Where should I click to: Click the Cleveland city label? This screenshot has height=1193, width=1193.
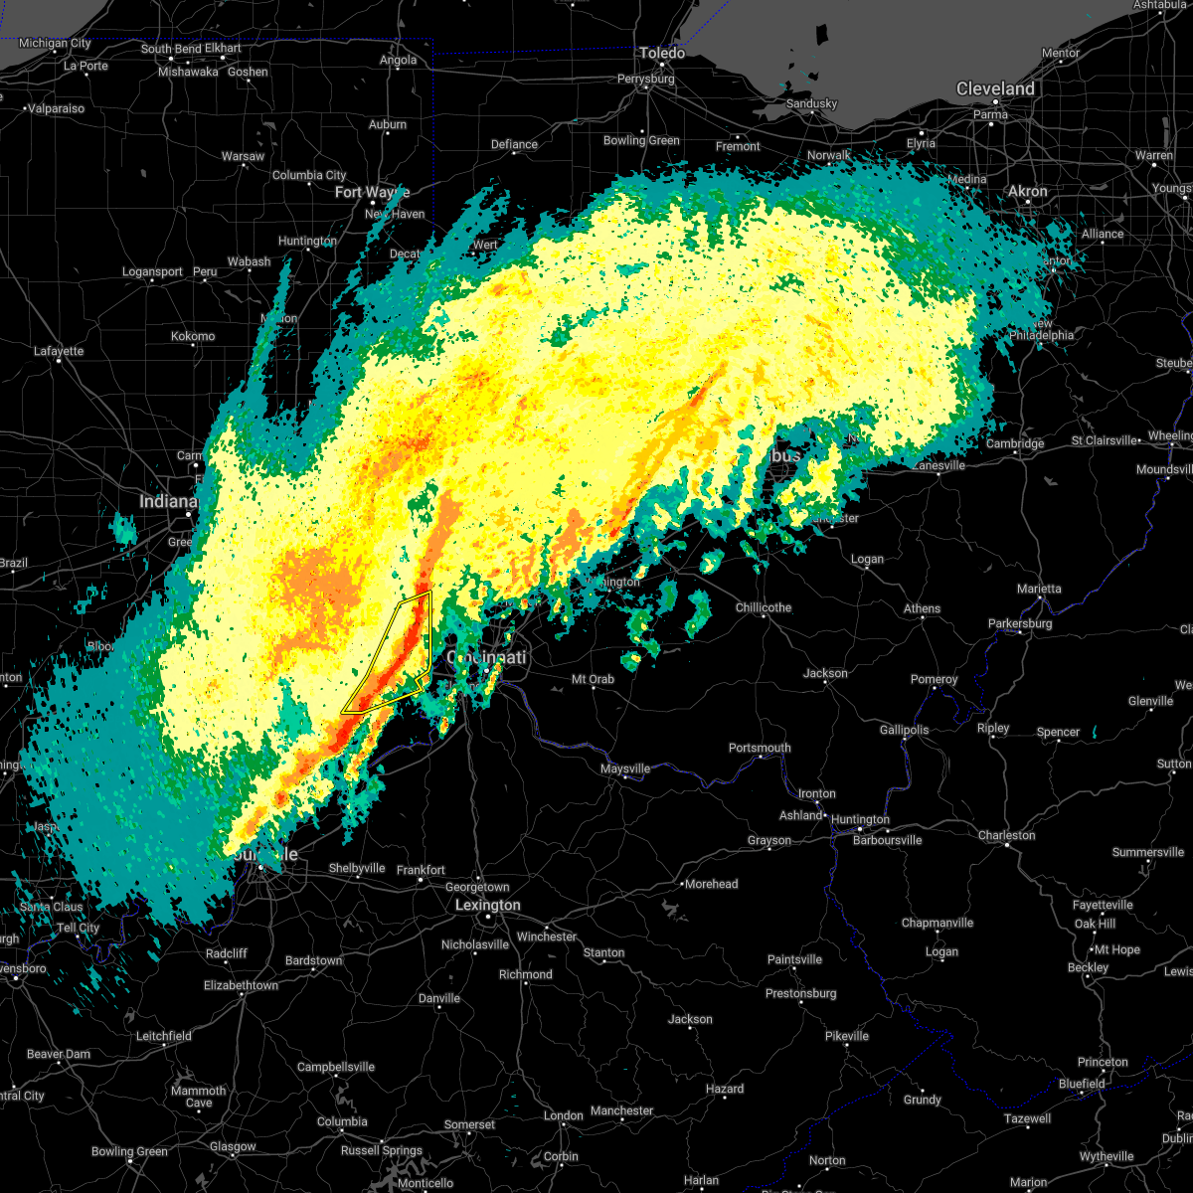[995, 88]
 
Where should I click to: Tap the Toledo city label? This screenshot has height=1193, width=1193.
[661, 53]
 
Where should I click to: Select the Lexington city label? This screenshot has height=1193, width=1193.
[487, 905]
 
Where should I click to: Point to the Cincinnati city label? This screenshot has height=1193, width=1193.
[486, 657]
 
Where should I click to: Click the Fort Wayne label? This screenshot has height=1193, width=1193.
[372, 192]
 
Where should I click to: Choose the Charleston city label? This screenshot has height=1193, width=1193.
[1006, 835]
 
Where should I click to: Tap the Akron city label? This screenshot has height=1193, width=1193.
[1028, 191]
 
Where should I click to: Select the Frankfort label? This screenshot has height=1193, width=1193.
[421, 870]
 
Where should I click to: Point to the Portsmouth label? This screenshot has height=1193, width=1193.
[760, 748]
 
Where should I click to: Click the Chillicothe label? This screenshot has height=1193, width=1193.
[764, 607]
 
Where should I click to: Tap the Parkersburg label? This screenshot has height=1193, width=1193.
[1020, 623]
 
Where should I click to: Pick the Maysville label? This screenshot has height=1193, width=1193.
[625, 768]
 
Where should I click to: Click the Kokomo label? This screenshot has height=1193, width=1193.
[193, 336]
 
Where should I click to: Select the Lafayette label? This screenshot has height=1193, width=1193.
[59, 351]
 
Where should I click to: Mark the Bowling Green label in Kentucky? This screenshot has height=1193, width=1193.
[129, 1151]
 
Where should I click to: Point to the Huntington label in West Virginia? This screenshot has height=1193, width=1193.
[860, 819]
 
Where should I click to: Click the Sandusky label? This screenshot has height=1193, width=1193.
[811, 103]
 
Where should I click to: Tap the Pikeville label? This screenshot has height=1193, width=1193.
[847, 1036]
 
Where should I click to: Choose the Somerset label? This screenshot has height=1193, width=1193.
[469, 1124]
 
